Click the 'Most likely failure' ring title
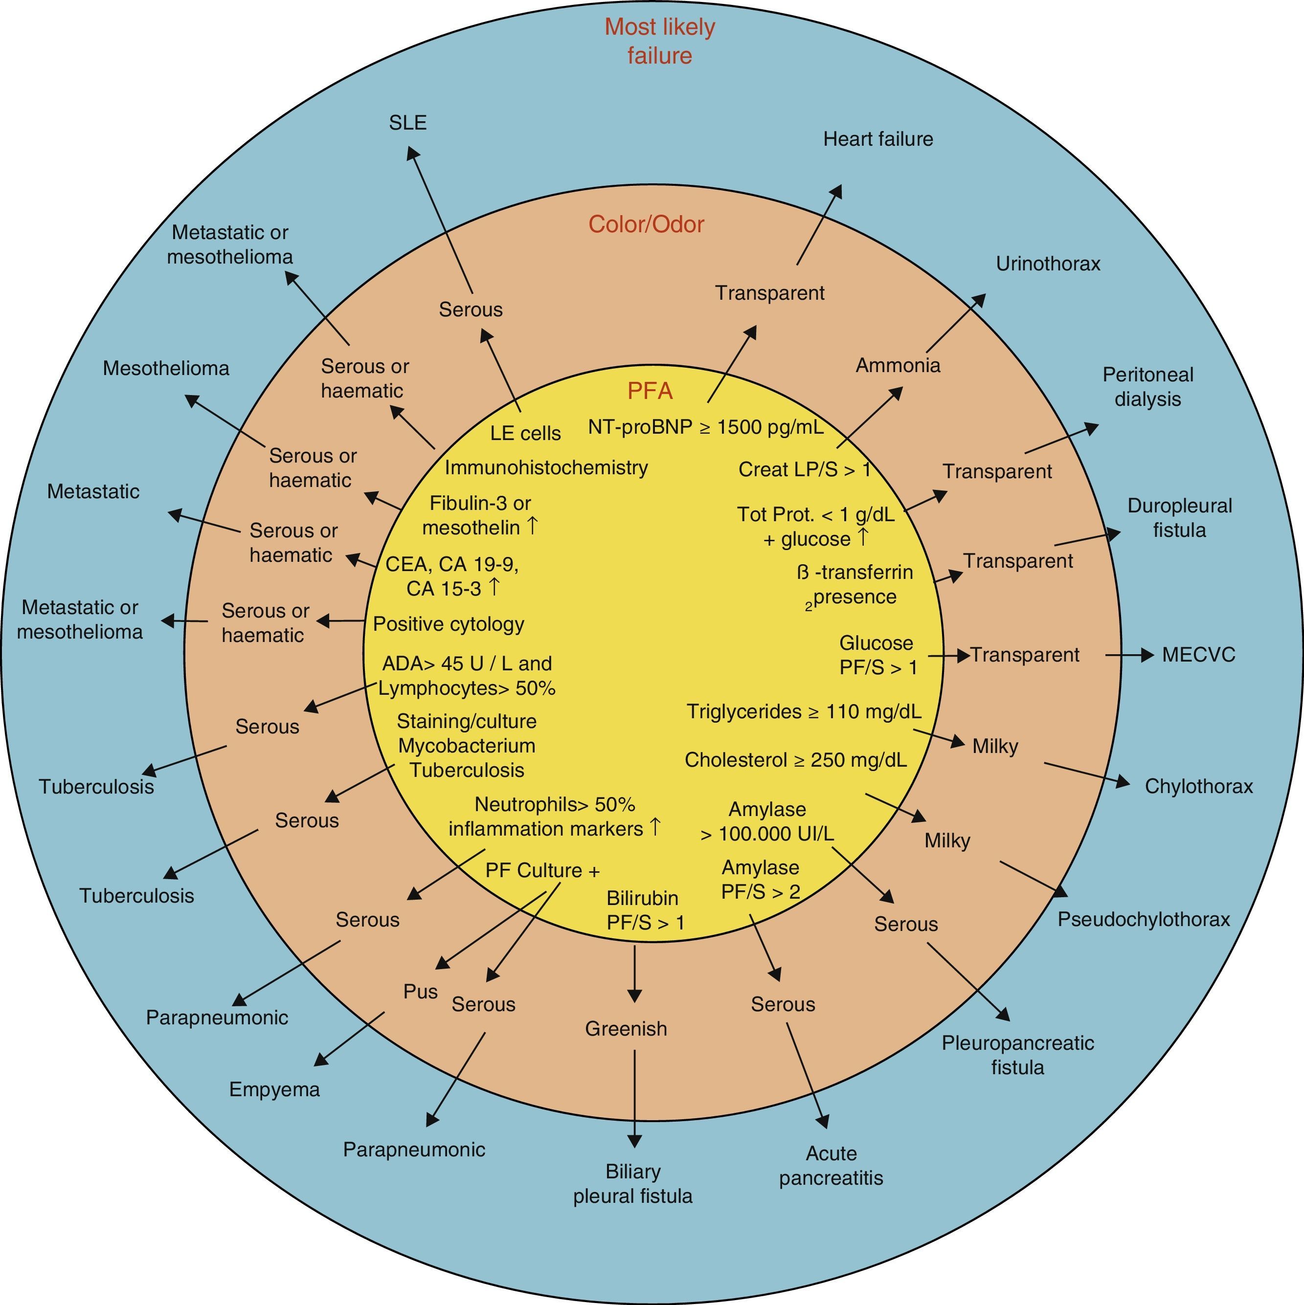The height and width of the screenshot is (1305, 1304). click(x=659, y=41)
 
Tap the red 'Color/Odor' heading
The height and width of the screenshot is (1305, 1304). click(x=646, y=224)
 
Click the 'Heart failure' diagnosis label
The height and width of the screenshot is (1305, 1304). click(x=877, y=139)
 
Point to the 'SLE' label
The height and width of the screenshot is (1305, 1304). click(x=408, y=123)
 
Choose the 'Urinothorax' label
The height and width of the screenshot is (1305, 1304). click(x=1048, y=264)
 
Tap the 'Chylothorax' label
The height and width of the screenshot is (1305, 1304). click(x=1199, y=786)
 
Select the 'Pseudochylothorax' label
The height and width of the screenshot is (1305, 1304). click(x=1143, y=919)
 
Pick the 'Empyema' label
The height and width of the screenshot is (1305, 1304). click(x=274, y=1089)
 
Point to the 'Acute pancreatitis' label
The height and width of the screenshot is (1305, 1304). click(x=831, y=1165)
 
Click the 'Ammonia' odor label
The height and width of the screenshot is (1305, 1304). click(x=898, y=365)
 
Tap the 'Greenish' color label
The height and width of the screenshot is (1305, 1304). click(x=626, y=1028)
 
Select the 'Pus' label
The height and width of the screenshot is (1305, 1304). click(x=420, y=992)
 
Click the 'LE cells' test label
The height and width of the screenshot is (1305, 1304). click(x=526, y=433)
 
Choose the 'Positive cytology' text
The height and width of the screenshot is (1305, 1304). click(x=449, y=623)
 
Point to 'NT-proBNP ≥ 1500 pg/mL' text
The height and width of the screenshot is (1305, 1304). click(x=705, y=427)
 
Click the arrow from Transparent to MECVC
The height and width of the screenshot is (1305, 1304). click(x=1128, y=655)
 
